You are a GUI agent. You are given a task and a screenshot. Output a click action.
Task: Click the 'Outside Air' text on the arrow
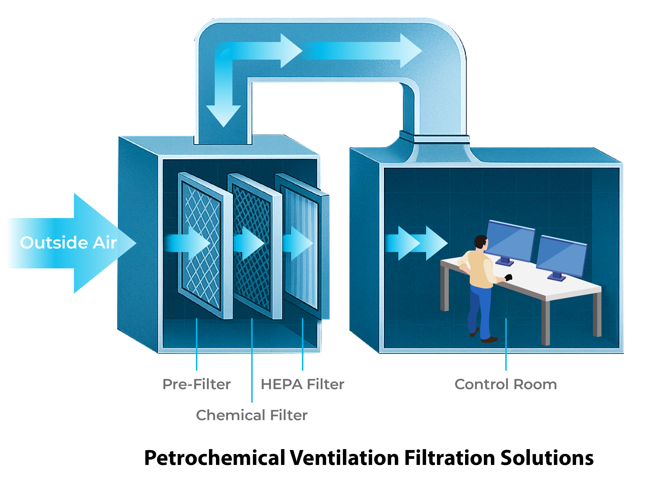[68, 243]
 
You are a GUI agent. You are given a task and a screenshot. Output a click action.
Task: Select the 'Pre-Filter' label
[196, 384]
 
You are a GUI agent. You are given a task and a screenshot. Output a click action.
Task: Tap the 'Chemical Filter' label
[252, 415]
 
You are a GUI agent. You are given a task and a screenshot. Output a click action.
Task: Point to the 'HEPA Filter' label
[302, 384]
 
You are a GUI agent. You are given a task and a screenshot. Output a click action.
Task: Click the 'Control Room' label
[506, 384]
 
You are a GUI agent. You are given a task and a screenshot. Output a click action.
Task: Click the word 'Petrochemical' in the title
[214, 458]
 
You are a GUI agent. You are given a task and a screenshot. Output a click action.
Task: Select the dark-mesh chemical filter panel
[252, 248]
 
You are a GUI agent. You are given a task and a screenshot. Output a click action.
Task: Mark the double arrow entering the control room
[417, 243]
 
